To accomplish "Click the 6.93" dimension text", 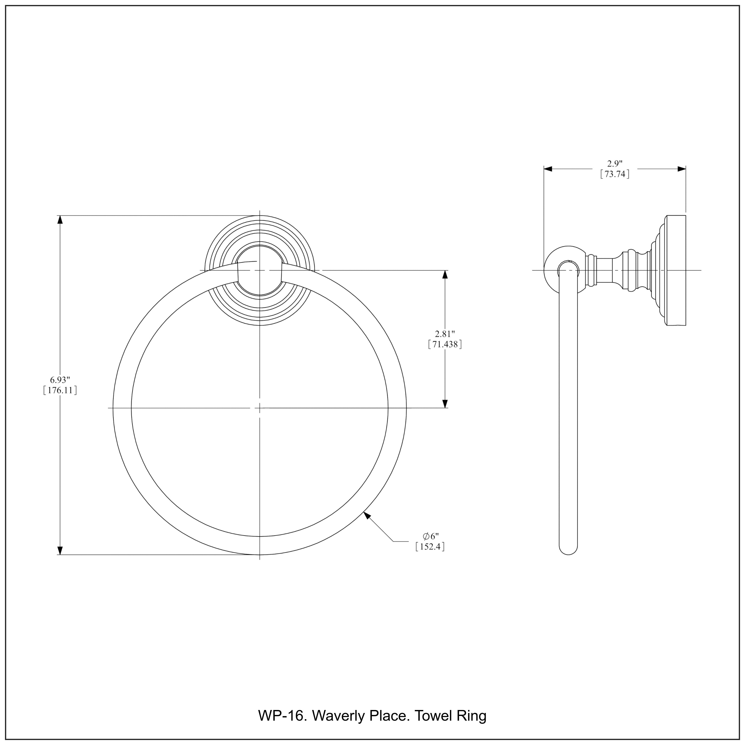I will click(x=60, y=380).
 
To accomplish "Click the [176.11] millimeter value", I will click(x=60, y=390).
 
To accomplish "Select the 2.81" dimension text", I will click(x=445, y=334).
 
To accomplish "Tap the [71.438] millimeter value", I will click(x=445, y=344).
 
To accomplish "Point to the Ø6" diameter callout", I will click(x=430, y=536).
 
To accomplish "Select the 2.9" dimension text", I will click(x=615, y=163).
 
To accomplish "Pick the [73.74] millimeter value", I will click(x=615, y=174).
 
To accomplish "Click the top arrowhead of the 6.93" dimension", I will click(x=60, y=220).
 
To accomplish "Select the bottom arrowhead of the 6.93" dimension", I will click(x=60, y=551).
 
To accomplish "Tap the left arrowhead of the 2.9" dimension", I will click(x=548, y=169).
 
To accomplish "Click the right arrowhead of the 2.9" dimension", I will click(x=682, y=169).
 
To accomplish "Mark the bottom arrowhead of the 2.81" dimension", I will click(x=445, y=403).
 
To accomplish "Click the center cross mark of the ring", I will click(x=260, y=408).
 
